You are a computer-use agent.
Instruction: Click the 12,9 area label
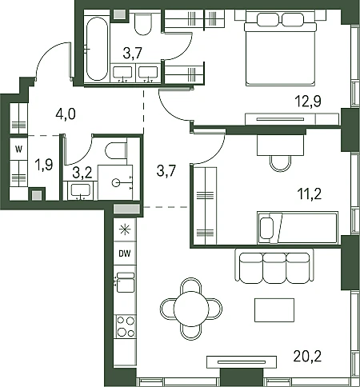pyautogui.click(x=308, y=102)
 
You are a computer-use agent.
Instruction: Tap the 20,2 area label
pyautogui.click(x=307, y=356)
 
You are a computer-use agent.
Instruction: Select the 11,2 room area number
pyautogui.click(x=310, y=193)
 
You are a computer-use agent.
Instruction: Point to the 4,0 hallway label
pyautogui.click(x=66, y=114)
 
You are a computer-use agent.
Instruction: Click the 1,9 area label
pyautogui.click(x=44, y=165)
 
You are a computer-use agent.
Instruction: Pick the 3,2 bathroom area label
pyautogui.click(x=82, y=173)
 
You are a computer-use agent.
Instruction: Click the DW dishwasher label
pyautogui.click(x=125, y=253)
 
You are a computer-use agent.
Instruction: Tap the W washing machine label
pyautogui.click(x=18, y=150)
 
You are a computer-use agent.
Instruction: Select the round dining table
pyautogui.click(x=191, y=309)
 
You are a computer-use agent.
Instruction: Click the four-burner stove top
pyautogui.click(x=126, y=326)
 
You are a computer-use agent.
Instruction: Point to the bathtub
pyautogui.click(x=97, y=49)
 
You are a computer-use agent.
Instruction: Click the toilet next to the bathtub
pyautogui.click(x=143, y=24)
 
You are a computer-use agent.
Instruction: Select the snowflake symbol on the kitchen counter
pyautogui.click(x=125, y=229)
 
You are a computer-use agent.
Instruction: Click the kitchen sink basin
pyautogui.click(x=126, y=285)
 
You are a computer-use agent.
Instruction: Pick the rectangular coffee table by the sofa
pyautogui.click(x=274, y=310)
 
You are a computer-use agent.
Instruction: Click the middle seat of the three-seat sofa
pyautogui.click(x=274, y=268)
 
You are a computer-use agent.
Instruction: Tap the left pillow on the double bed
pyautogui.click(x=268, y=19)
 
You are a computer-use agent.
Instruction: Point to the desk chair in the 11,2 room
pyautogui.click(x=280, y=163)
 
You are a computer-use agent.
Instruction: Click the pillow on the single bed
pyautogui.click(x=266, y=228)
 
